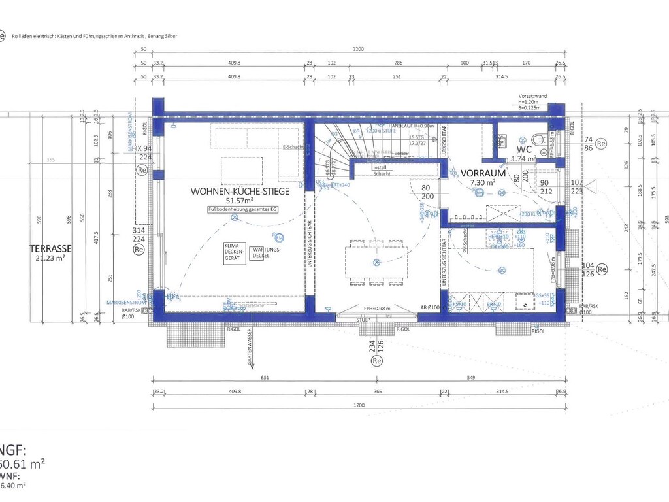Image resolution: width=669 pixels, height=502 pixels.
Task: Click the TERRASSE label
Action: point(50,248)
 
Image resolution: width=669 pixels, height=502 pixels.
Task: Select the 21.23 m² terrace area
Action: point(50,258)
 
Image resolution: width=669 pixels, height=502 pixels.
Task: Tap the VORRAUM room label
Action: point(483,173)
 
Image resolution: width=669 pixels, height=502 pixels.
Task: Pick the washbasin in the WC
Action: point(502,140)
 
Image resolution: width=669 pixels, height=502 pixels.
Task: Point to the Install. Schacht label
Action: point(382,171)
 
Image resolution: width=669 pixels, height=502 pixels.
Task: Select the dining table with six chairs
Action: point(376,263)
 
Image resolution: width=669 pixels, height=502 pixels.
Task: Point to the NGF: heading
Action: point(13,450)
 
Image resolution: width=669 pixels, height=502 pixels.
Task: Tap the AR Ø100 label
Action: point(429,307)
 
